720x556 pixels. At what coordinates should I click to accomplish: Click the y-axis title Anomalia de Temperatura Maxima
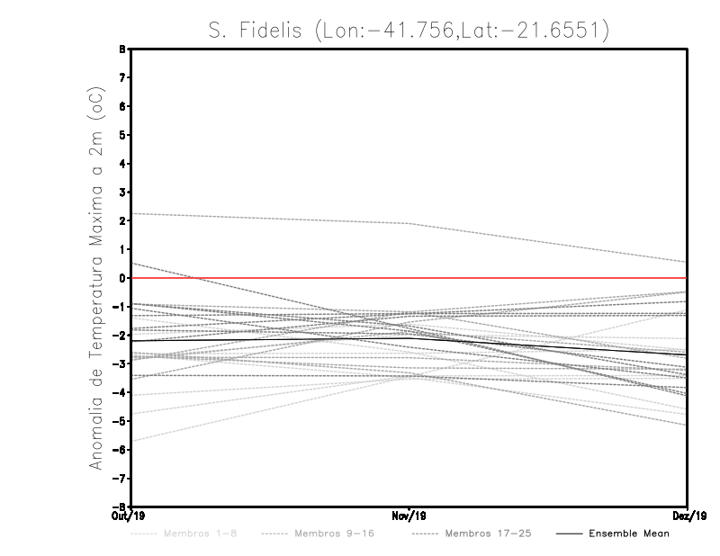pyautogui.click(x=94, y=278)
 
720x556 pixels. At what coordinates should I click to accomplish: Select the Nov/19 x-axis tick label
pyautogui.click(x=409, y=516)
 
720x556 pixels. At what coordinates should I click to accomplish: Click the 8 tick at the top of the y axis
pyautogui.click(x=122, y=49)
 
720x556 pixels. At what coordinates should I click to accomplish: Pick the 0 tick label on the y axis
pyautogui.click(x=122, y=278)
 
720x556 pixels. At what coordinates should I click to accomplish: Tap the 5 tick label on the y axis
pyautogui.click(x=122, y=135)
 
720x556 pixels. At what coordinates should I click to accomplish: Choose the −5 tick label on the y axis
pyautogui.click(x=121, y=421)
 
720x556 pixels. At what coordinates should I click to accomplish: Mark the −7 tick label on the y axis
pyautogui.click(x=121, y=478)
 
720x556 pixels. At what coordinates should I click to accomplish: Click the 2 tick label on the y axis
pyautogui.click(x=122, y=220)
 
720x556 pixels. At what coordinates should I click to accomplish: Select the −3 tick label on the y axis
pyautogui.click(x=121, y=363)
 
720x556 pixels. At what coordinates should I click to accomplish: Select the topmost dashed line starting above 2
pyautogui.click(x=270, y=219)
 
